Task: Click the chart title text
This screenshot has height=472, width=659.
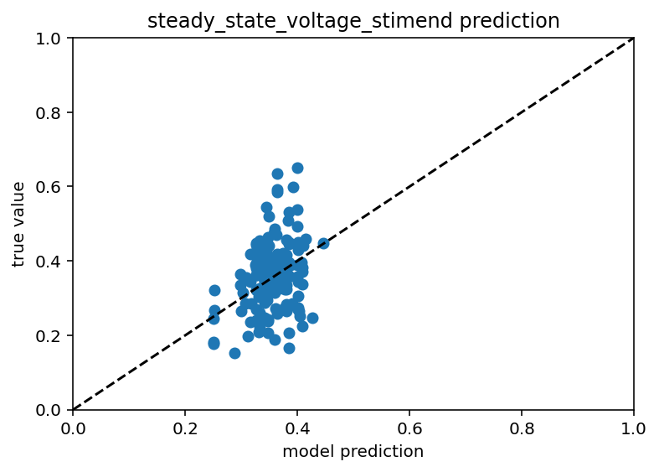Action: (x=353, y=21)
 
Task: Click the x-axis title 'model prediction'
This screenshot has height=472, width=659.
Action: (x=353, y=452)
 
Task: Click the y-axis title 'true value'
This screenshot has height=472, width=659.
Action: (x=18, y=224)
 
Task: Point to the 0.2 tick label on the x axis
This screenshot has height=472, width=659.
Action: (x=185, y=428)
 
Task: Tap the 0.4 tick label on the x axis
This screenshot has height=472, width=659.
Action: (x=297, y=428)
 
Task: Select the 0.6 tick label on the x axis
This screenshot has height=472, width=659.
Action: (x=409, y=428)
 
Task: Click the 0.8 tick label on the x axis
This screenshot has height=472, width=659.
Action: (x=522, y=428)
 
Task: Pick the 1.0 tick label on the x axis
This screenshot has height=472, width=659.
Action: (x=634, y=428)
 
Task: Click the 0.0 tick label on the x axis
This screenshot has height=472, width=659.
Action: (x=73, y=428)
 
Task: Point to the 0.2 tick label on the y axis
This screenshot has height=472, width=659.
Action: (x=54, y=336)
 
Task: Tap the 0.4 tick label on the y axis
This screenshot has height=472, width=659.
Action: (x=54, y=262)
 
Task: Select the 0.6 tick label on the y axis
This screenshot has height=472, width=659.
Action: (x=54, y=187)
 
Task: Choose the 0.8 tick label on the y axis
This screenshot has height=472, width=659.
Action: (x=54, y=113)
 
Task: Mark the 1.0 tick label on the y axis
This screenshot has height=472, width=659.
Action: (x=54, y=39)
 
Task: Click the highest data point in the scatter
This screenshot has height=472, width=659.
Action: (x=297, y=168)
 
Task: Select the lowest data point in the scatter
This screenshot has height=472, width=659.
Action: (x=234, y=353)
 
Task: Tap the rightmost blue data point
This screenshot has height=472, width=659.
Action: (x=323, y=244)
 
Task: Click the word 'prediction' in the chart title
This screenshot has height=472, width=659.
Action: (x=513, y=21)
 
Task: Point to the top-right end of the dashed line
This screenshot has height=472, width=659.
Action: (x=633, y=39)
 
